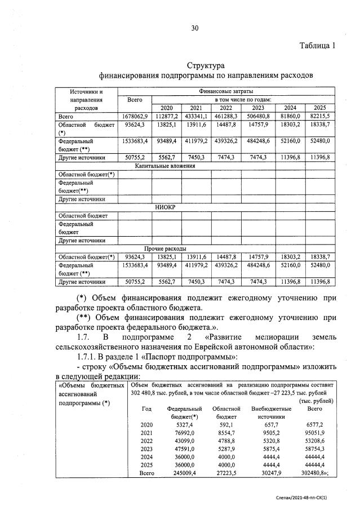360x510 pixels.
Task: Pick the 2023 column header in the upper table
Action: pos(258,108)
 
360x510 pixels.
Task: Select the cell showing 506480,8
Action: pos(258,116)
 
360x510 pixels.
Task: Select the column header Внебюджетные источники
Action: pos(270,412)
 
